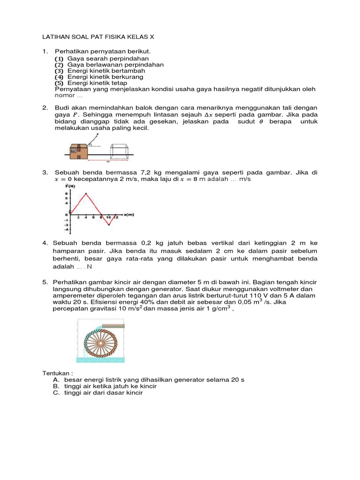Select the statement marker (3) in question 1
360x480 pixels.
(59, 71)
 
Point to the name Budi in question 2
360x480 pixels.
(62, 108)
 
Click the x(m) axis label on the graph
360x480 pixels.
(129, 215)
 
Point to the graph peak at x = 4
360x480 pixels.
(86, 193)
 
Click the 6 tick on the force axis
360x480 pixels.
(67, 193)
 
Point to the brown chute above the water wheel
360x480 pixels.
(112, 325)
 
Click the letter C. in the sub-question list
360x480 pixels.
(56, 393)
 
